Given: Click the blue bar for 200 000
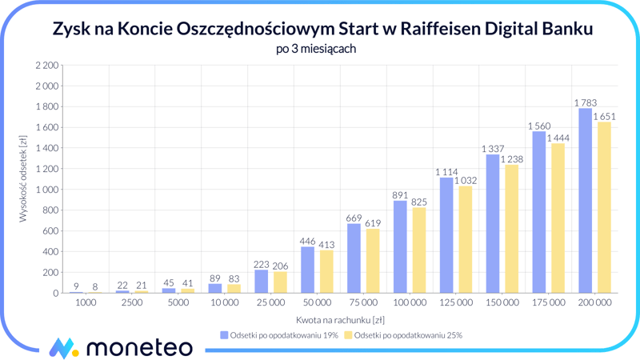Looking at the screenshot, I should (x=585, y=201).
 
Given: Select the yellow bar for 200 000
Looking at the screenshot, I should (x=604, y=208).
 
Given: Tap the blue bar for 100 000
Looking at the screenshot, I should (x=400, y=247).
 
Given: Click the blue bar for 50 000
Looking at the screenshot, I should (x=307, y=270).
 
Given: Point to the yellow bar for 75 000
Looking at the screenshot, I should (x=373, y=262).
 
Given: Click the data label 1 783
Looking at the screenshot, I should (x=586, y=102).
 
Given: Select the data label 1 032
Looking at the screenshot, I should (x=466, y=181).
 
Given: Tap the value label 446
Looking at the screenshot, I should (x=307, y=241).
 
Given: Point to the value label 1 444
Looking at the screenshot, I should (x=558, y=138).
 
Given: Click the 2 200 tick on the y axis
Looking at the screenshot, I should (x=47, y=65).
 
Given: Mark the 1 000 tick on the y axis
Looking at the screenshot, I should (x=47, y=190).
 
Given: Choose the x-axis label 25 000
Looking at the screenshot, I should (x=270, y=303).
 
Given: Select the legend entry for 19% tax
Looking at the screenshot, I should (x=278, y=335).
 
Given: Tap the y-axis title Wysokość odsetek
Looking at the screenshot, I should (x=23, y=179).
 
